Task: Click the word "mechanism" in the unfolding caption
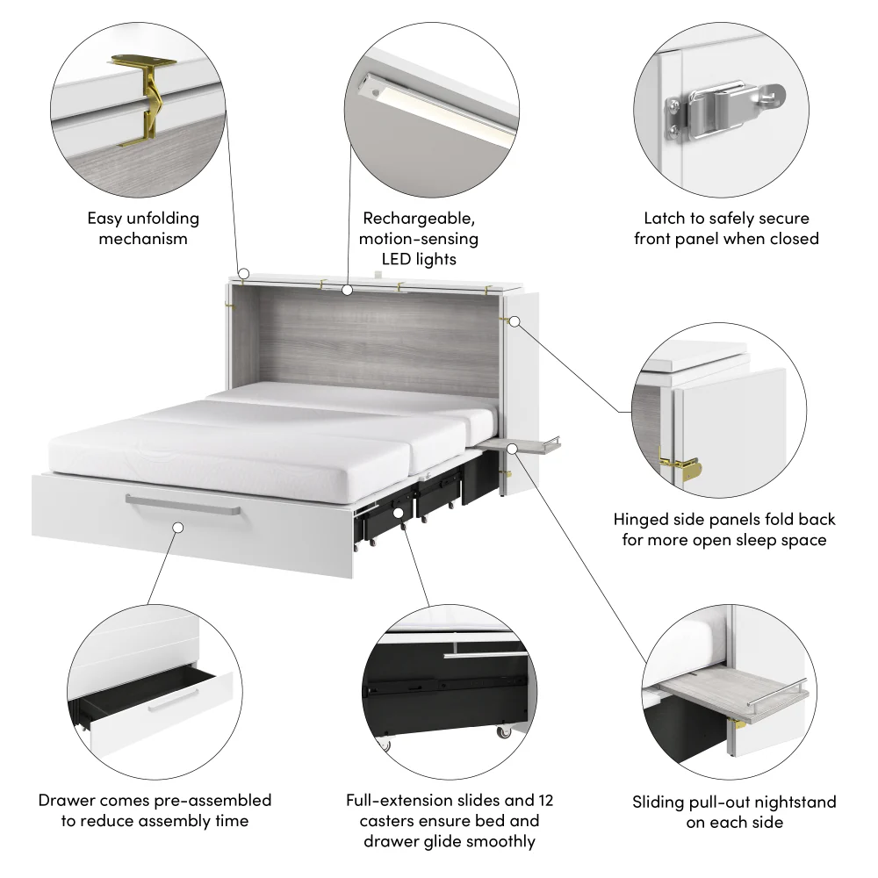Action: click(143, 238)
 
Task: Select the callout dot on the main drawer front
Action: click(178, 528)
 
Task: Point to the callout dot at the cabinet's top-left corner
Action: click(244, 274)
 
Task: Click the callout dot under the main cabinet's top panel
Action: click(348, 288)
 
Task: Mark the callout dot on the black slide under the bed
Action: click(398, 512)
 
